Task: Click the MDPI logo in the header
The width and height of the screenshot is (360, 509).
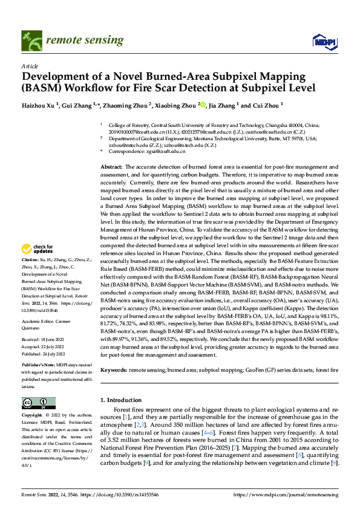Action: [x=324, y=41]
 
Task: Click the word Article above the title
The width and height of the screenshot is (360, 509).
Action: [x=30, y=65]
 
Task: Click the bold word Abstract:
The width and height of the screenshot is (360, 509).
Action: [x=112, y=166]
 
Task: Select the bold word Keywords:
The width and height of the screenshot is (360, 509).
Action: [x=114, y=369]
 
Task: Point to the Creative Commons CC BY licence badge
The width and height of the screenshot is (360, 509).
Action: [x=38, y=403]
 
